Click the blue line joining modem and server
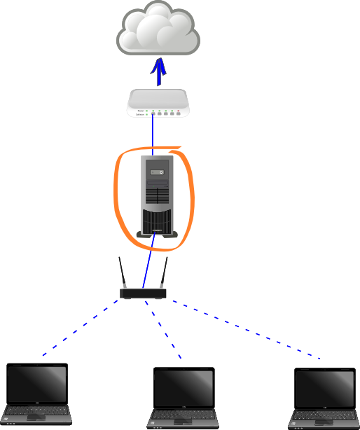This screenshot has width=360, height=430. [x=153, y=133]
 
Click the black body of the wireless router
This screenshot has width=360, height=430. [x=144, y=293]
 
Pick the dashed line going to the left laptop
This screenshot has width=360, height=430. [x=81, y=328]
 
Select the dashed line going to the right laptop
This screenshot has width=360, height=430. [x=245, y=328]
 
